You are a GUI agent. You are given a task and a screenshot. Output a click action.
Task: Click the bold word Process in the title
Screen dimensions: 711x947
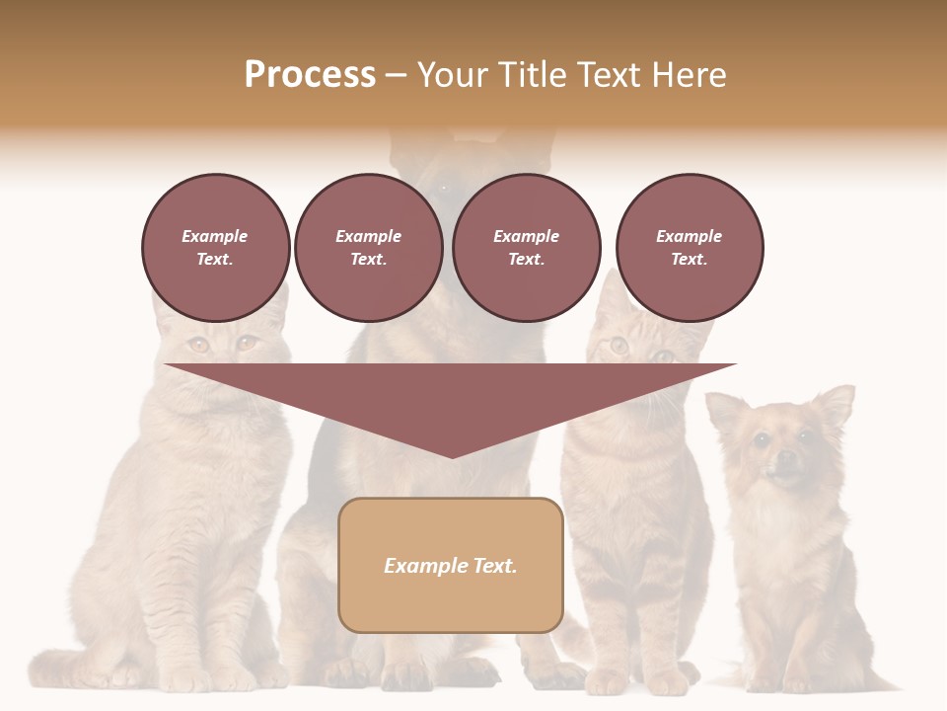click(310, 75)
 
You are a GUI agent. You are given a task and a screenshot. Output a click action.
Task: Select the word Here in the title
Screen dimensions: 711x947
click(688, 75)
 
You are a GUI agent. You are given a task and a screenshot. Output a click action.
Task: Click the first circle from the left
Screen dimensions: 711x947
click(215, 248)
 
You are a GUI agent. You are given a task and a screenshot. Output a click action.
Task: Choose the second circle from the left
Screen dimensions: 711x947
click(368, 248)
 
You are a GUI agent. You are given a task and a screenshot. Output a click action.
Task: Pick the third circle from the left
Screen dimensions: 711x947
click(526, 248)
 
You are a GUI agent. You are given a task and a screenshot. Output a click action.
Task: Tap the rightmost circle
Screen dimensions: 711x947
click(689, 248)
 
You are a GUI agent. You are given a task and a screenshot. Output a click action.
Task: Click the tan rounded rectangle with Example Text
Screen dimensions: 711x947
click(451, 565)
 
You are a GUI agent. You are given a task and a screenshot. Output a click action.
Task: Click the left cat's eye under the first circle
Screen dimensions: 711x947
click(198, 345)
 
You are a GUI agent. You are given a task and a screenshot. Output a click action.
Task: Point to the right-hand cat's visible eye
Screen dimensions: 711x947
click(619, 345)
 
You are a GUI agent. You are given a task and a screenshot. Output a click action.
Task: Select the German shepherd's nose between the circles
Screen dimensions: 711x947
click(444, 188)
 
